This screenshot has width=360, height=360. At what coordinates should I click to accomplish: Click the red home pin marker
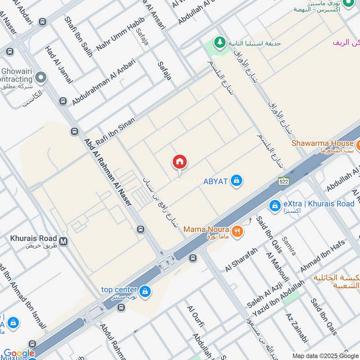tap(180, 162)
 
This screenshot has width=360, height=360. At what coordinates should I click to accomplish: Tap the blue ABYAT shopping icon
tap(236, 181)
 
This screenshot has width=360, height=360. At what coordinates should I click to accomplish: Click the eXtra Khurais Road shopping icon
tap(275, 206)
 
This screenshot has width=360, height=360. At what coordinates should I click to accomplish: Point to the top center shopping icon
tap(145, 292)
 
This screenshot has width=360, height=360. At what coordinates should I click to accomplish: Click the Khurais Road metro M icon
tap(63, 241)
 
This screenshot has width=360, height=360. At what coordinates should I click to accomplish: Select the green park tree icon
tap(220, 42)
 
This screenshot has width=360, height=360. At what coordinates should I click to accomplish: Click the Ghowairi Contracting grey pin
tap(41, 78)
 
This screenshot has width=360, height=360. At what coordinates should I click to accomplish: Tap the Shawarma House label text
tap(323, 144)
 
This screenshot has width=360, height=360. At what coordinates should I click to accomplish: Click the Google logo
tap(19, 354)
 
